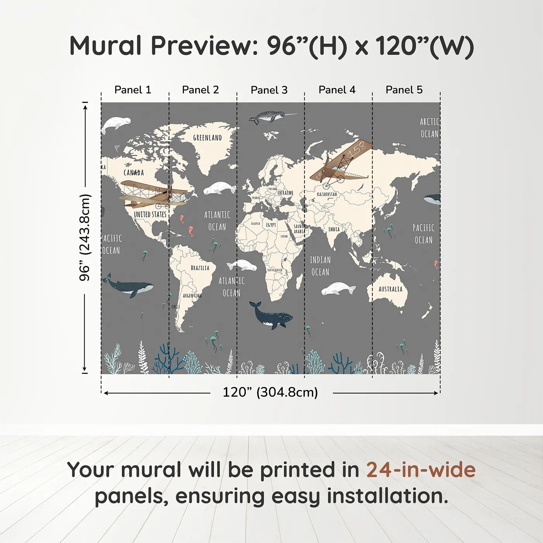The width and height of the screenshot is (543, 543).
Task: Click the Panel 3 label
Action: [269, 90]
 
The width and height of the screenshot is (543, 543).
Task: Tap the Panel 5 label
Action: [404, 90]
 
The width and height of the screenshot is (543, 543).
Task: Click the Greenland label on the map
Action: [208, 138]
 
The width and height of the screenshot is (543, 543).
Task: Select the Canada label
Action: [134, 173]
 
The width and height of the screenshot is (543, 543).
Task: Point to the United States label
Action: [150, 214]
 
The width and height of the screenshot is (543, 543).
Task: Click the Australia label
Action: [390, 289]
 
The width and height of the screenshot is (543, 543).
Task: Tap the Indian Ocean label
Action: [320, 266]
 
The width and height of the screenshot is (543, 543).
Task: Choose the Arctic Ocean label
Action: [429, 128]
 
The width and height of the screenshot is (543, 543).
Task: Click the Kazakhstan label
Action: [327, 194]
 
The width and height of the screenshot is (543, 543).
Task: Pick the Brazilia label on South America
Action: [200, 268]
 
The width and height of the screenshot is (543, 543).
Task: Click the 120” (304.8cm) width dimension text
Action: [270, 392]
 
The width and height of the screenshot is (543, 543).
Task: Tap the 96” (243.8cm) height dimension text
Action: [85, 237]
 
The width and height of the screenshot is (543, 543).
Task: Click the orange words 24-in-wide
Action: [421, 470]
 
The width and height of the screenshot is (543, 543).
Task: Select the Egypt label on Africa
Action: [271, 225]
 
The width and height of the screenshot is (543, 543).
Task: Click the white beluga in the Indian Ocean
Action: [338, 289]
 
